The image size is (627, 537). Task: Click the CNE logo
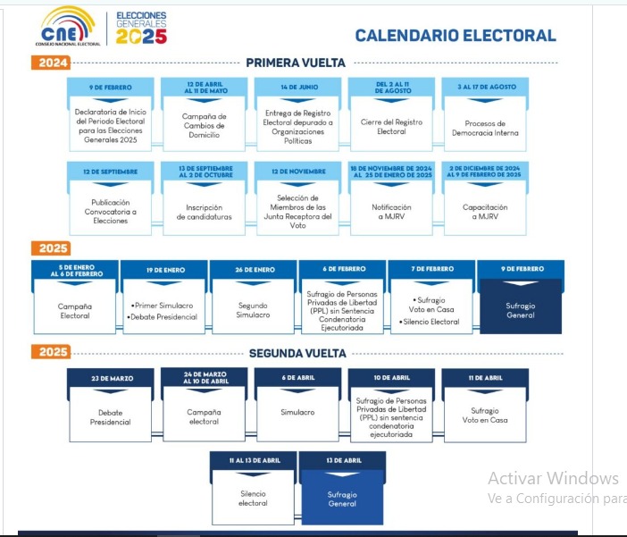[x=68, y=25]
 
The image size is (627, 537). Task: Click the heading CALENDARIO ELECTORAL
[x=456, y=36]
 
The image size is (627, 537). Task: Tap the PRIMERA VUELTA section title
[x=296, y=63]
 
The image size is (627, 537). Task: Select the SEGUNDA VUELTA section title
[x=297, y=353]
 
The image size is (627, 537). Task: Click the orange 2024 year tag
[x=50, y=63]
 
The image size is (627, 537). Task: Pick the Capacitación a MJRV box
[x=485, y=212]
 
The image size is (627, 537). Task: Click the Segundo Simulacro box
[x=253, y=310]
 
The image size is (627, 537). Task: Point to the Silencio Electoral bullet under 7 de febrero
[x=432, y=322]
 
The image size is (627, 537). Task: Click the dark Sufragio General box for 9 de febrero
[x=521, y=309]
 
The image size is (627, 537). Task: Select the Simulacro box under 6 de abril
[x=297, y=412]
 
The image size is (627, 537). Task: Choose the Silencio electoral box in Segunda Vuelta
[x=253, y=498]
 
